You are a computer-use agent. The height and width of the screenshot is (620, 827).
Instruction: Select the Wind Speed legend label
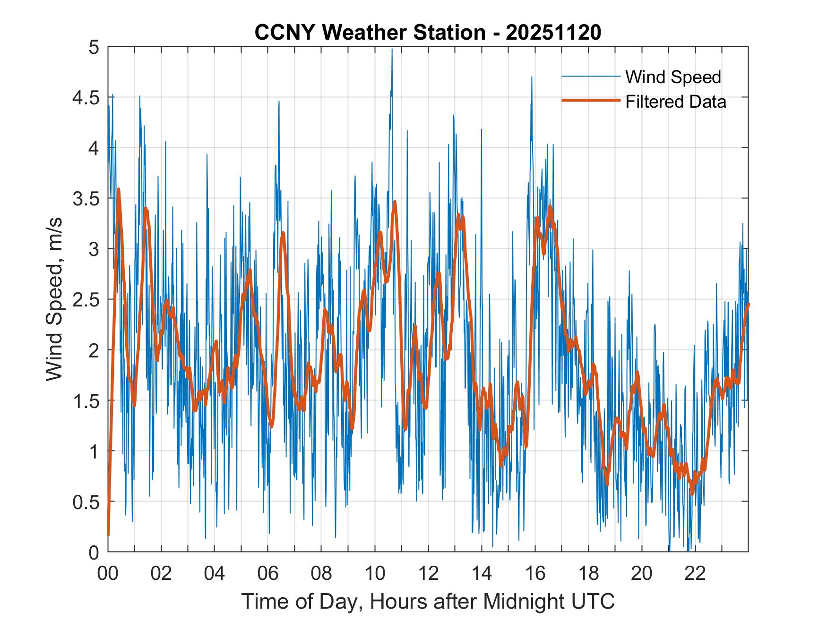(x=673, y=77)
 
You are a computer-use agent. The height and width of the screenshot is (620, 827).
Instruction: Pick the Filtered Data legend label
(x=675, y=102)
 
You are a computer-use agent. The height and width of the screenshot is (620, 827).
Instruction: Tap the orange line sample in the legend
(x=591, y=101)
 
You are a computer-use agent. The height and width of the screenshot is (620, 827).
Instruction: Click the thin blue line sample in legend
(x=591, y=76)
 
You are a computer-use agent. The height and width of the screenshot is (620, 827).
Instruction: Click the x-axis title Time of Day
(x=428, y=602)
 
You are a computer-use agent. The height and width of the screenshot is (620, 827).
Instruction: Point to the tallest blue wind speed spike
(x=392, y=50)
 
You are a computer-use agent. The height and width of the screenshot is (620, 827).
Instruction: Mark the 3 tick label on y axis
(x=94, y=249)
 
